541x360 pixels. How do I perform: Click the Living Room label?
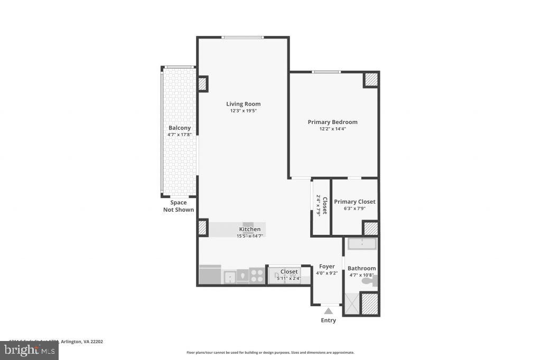coord(243,104)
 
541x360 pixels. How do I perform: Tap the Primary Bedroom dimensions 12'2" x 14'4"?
coord(332,129)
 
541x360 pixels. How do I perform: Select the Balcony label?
coord(179,128)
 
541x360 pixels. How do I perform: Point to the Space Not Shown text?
coord(178,206)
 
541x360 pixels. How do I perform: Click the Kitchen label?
coord(249,229)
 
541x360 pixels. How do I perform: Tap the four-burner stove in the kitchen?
coord(257,275)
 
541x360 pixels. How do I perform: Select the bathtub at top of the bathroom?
coord(361,244)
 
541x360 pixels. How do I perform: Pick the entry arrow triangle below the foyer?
coord(328,311)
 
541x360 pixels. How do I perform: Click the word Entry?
coord(328,320)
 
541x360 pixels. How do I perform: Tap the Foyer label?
coord(327,267)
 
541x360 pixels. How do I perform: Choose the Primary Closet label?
coord(355,202)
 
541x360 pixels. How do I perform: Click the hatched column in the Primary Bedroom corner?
coord(371,79)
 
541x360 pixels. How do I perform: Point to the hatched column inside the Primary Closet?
coord(371,229)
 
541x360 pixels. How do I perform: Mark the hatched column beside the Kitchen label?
coord(203,228)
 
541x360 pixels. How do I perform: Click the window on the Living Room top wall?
coord(242,37)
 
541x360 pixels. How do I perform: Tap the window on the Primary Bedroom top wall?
coord(325,72)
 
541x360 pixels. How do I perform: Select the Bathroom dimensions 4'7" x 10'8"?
coord(361,275)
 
